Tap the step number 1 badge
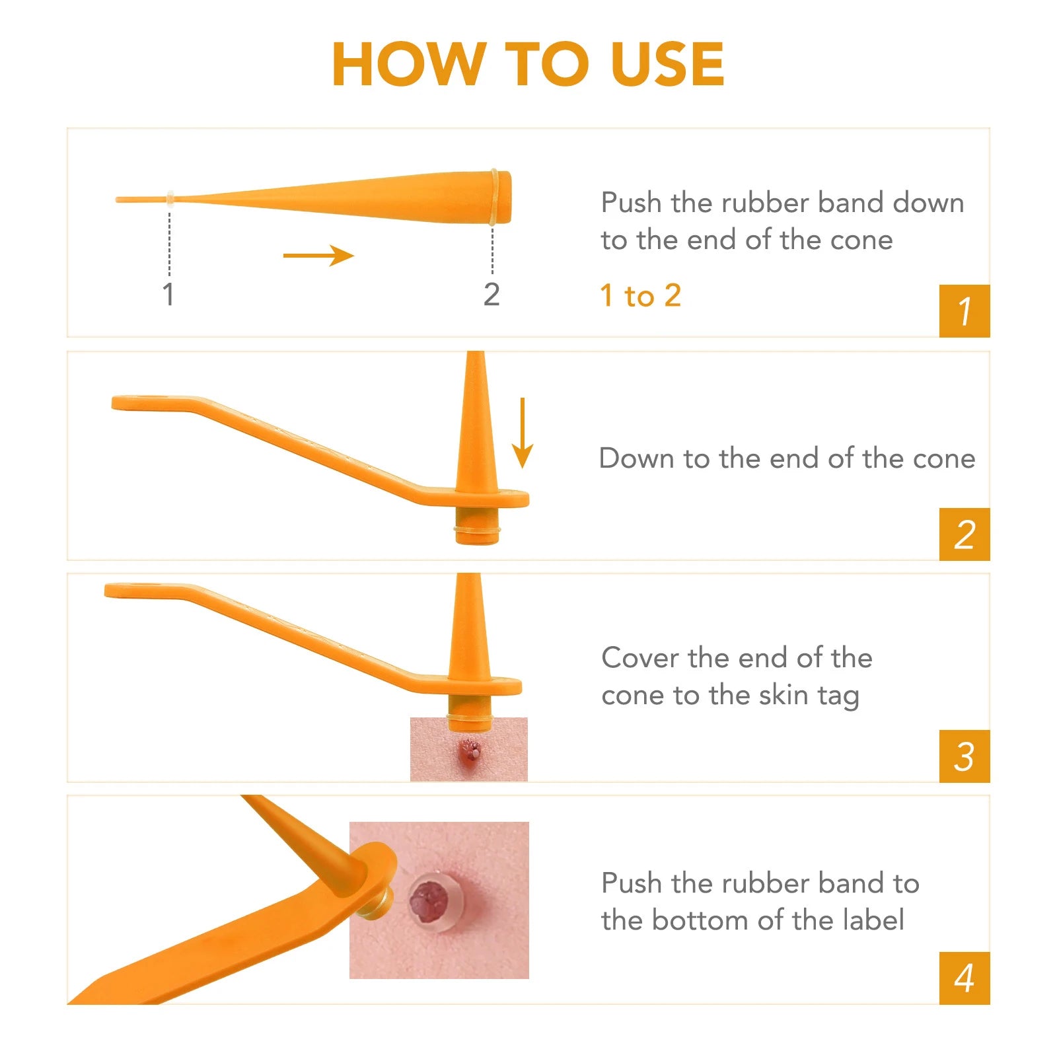pyautogui.click(x=965, y=311)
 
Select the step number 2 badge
pyautogui.click(x=965, y=534)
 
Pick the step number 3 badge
pyautogui.click(x=965, y=756)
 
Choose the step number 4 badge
pyautogui.click(x=965, y=978)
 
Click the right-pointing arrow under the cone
pyautogui.click(x=318, y=256)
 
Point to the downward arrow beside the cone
pyautogui.click(x=523, y=433)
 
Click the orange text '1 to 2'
pyautogui.click(x=641, y=295)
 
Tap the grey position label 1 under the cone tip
pyautogui.click(x=168, y=295)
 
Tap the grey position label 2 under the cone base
pyautogui.click(x=492, y=295)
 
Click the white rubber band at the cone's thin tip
pyautogui.click(x=170, y=199)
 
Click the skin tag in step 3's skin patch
pyautogui.click(x=470, y=750)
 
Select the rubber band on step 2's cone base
pyautogui.click(x=477, y=530)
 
